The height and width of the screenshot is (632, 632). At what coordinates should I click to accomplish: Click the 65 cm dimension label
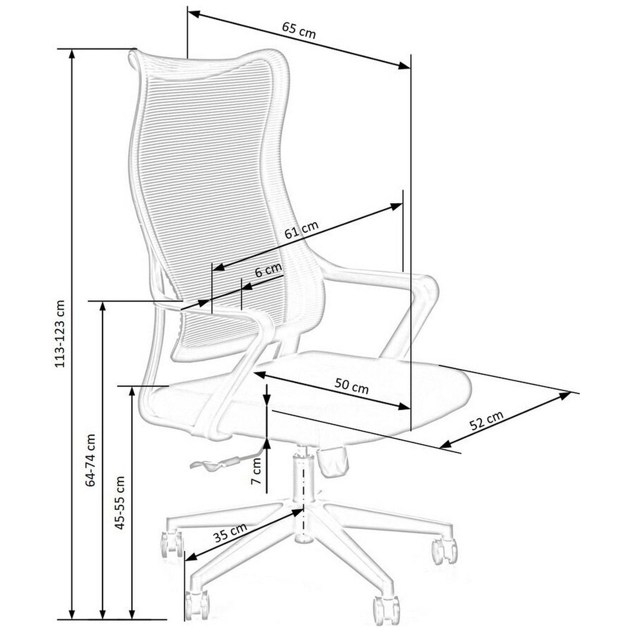(x=299, y=31)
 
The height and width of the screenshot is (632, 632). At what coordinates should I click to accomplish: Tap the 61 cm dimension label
(x=301, y=229)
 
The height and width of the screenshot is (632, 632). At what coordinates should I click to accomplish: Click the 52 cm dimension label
(x=487, y=420)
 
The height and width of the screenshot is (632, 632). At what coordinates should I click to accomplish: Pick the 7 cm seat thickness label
(x=257, y=471)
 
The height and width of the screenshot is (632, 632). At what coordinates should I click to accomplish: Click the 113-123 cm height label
(x=60, y=334)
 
